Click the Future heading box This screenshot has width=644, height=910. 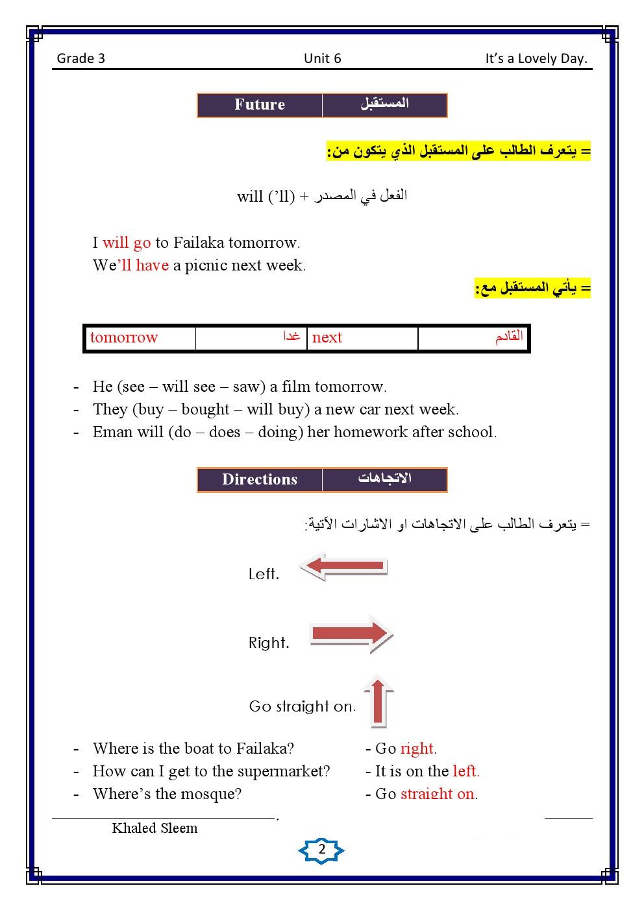260,105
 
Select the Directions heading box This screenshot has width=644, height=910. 260,480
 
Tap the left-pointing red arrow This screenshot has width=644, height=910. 343,566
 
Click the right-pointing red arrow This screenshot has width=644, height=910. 351,634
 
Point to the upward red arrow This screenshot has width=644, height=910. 378,701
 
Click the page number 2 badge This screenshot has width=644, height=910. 321,850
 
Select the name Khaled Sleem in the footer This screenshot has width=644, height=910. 155,828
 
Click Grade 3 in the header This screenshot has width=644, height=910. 81,58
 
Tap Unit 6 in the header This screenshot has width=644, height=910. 322,58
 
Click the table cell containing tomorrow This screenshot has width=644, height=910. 140,338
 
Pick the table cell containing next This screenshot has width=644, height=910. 362,338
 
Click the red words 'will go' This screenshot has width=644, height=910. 127,243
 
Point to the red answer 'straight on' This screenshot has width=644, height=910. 438,794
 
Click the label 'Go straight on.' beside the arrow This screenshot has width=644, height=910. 303,706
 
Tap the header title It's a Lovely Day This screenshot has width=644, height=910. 536,58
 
